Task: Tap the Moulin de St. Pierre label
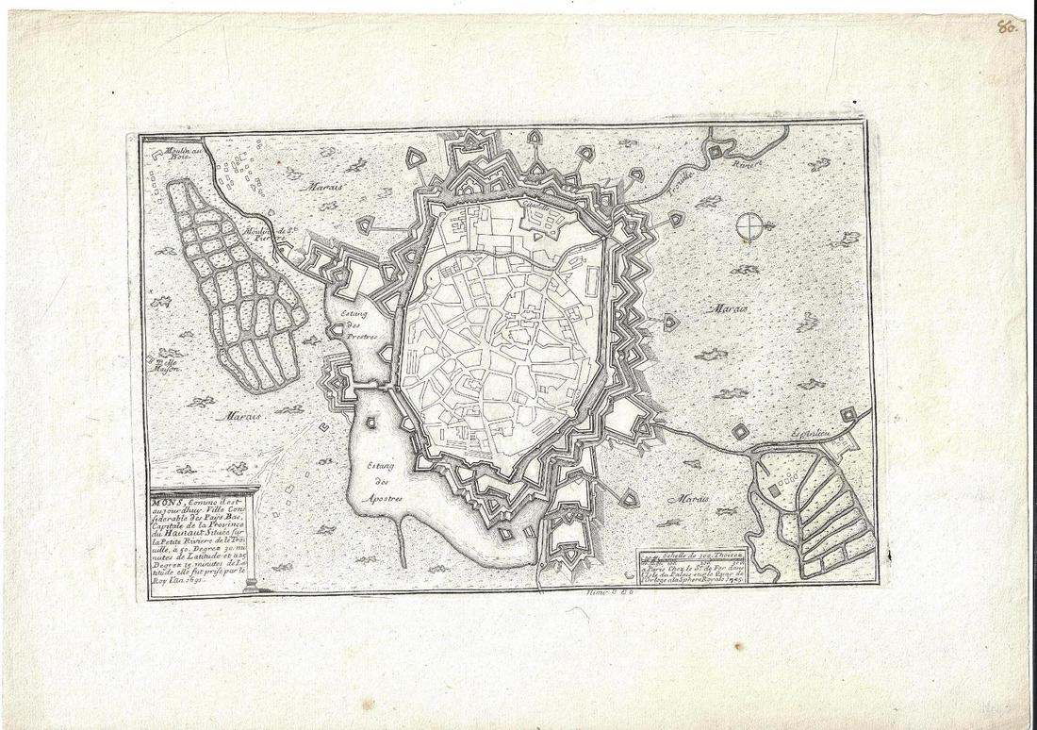coord(260,232)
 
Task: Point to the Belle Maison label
coord(171,364)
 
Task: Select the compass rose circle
coord(751,225)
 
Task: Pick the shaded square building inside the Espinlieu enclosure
coord(774,489)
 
